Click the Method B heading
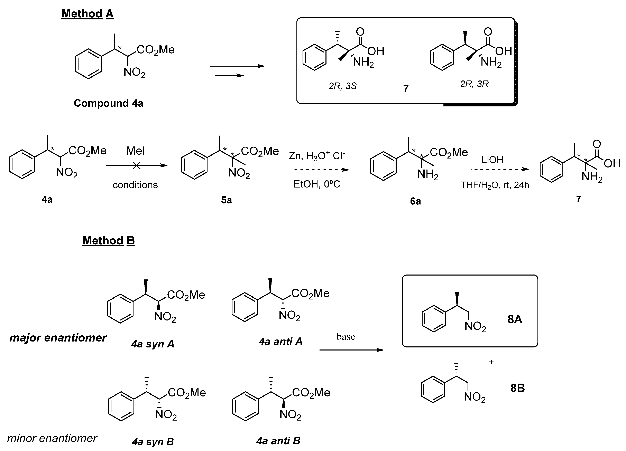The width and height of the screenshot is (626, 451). [x=109, y=241]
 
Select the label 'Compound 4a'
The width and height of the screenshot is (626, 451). [x=109, y=103]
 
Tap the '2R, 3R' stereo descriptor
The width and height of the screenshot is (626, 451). [x=474, y=84]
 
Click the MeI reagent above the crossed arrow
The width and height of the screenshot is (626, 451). [x=136, y=151]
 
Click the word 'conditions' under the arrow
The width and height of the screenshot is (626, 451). [x=135, y=185]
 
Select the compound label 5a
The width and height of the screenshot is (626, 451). [x=226, y=200]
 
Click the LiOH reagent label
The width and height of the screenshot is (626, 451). [x=492, y=160]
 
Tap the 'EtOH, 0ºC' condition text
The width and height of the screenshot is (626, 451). [x=317, y=184]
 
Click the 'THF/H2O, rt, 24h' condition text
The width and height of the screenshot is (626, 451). [x=495, y=185]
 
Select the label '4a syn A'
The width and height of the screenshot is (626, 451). [x=153, y=344]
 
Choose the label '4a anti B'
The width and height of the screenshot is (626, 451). [x=278, y=441]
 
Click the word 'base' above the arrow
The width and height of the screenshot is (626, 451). [x=346, y=337]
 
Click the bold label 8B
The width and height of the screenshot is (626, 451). [x=517, y=388]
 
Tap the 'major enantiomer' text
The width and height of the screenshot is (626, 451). [x=58, y=338]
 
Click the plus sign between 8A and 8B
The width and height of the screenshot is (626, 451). [x=491, y=362]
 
